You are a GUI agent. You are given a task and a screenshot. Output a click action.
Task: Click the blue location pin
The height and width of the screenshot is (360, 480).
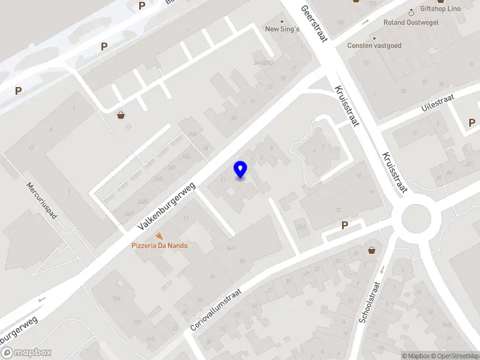tap(240, 170)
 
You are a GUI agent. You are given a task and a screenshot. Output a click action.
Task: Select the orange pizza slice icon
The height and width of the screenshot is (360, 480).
tap(159, 236)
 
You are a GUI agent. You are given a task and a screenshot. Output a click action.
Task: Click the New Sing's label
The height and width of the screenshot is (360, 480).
tap(282, 29)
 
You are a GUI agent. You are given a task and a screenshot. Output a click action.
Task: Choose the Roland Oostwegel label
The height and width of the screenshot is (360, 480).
tap(411, 23)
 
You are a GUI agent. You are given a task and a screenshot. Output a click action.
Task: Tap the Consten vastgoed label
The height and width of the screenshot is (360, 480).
tap(374, 45)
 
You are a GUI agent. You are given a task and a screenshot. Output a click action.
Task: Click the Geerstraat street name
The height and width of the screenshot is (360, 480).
tap(313, 25)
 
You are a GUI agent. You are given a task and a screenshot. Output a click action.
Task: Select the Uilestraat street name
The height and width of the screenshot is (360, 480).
tap(437, 103)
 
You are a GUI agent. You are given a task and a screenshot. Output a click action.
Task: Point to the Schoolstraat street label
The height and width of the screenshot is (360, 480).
tap(370, 303)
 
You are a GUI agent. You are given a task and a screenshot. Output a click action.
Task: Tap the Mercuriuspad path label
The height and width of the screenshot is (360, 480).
tap(41, 201)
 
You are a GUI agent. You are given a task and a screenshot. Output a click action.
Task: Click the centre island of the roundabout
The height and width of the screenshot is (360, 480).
tap(416, 218)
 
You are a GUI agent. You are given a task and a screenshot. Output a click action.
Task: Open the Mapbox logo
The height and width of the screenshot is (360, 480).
tap(26, 353)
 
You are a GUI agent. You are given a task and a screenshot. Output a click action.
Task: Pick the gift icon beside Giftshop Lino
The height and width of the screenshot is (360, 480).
tap(412, 11)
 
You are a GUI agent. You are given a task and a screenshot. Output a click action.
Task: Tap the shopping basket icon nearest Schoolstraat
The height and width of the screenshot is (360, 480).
tap(372, 250)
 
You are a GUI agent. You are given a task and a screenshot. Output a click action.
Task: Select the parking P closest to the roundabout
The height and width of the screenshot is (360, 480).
tap(344, 226)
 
